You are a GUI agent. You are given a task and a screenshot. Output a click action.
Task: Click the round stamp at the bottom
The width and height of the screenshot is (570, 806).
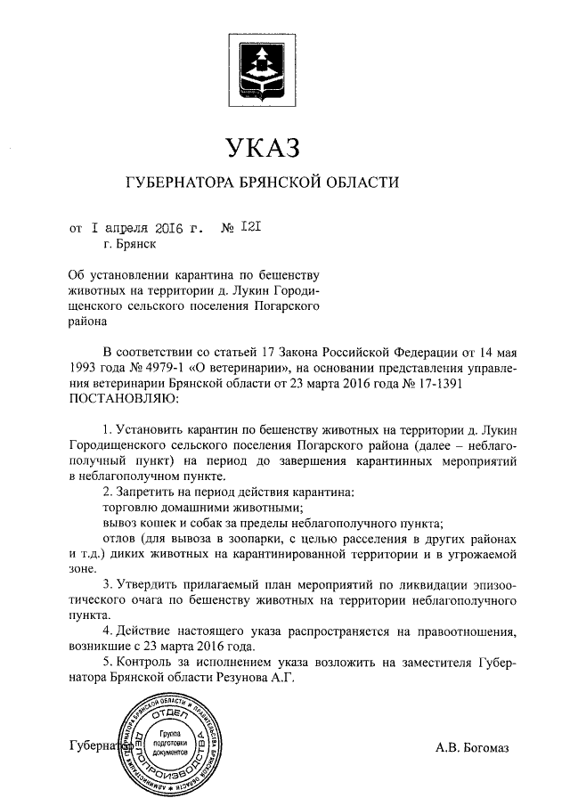pos(171,745)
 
